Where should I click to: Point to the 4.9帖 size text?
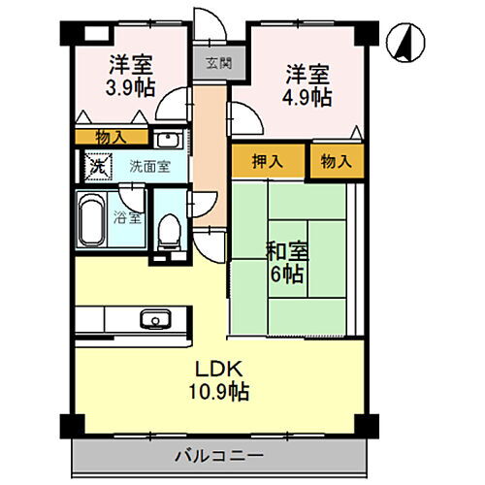click(x=307, y=97)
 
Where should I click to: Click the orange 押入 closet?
click(x=269, y=161)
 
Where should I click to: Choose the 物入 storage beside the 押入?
click(x=335, y=161)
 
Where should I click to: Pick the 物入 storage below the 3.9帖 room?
click(x=109, y=137)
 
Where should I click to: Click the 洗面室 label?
click(x=150, y=166)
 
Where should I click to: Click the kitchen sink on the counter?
click(x=153, y=318)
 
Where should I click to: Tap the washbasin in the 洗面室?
click(x=166, y=137)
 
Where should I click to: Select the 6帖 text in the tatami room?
click(x=287, y=275)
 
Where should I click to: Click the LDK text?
click(x=220, y=370)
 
